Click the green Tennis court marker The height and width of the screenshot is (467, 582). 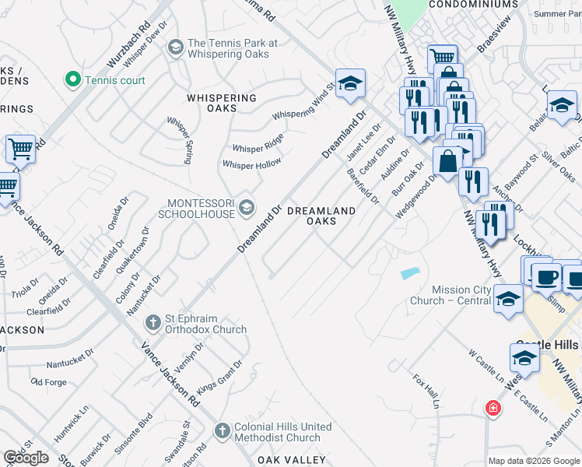[x=73, y=79]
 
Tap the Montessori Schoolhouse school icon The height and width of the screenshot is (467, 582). [x=247, y=206]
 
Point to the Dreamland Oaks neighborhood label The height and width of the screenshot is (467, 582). [x=322, y=216]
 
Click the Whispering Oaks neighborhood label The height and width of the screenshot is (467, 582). [x=222, y=104]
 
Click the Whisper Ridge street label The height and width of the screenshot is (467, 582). [x=258, y=143]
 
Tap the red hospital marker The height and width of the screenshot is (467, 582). [x=492, y=407]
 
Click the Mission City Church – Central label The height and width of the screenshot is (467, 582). [x=461, y=295]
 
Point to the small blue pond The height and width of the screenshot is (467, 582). [x=410, y=273]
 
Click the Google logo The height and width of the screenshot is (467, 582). [x=26, y=458]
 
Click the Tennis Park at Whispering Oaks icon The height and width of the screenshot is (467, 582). [x=175, y=48]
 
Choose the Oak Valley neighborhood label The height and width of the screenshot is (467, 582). [x=289, y=460]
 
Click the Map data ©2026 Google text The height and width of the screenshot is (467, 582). [x=533, y=461]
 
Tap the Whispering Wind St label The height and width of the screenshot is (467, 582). [x=303, y=105]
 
